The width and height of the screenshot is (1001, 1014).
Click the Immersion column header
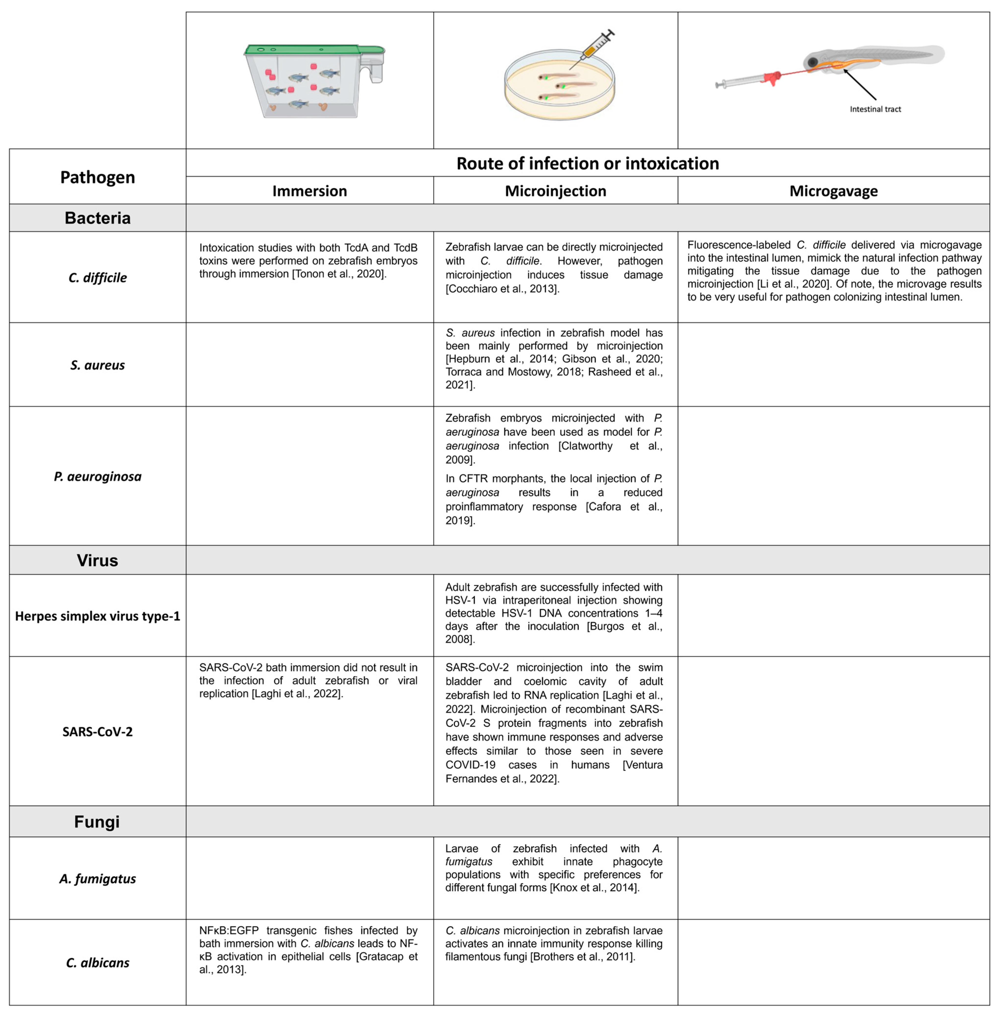(309, 191)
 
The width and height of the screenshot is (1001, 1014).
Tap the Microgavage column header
(833, 191)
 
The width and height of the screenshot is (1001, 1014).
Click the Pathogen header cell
(98, 177)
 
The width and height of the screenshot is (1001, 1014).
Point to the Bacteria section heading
(98, 218)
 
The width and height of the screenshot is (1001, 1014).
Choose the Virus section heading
(98, 560)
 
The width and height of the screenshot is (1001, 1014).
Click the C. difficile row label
(98, 278)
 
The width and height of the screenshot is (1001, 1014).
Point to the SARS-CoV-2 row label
(98, 732)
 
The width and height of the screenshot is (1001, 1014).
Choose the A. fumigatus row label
(98, 879)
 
